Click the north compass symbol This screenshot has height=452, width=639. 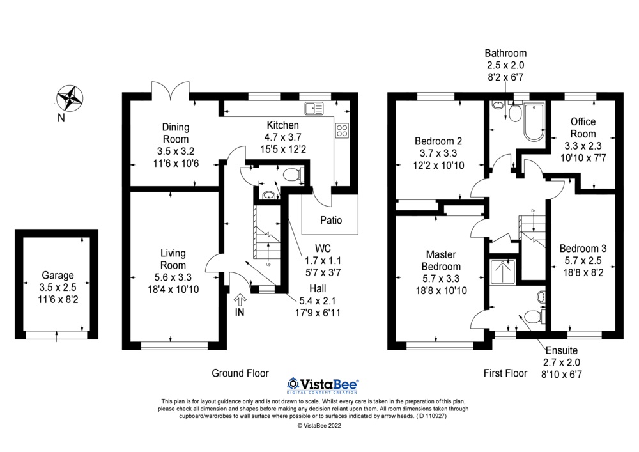(71, 98)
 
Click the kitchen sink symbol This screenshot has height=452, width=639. (314, 108)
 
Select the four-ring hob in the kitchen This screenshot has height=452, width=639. (341, 130)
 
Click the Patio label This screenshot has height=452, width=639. (330, 221)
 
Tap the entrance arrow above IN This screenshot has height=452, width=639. (240, 299)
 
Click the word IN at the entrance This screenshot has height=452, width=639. (240, 313)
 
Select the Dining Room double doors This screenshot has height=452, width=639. (171, 91)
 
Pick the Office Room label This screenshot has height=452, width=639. (583, 128)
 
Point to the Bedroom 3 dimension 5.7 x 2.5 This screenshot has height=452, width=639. (583, 260)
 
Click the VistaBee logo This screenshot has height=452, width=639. (323, 384)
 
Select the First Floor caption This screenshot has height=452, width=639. (505, 373)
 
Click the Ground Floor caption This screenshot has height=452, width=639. (240, 373)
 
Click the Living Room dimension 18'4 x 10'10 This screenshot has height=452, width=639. (173, 288)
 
